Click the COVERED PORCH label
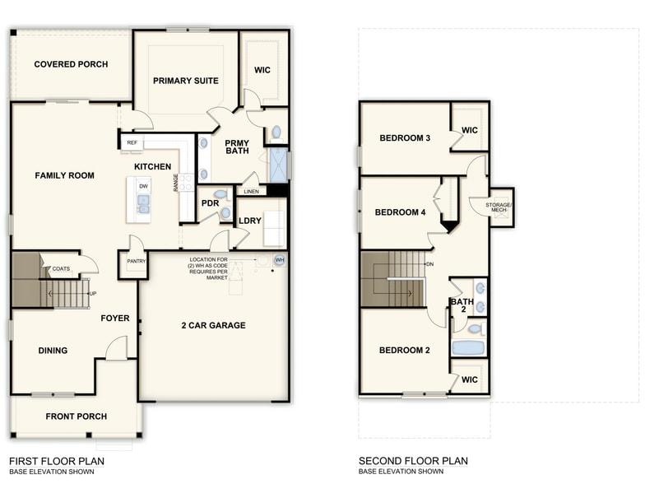click(x=71, y=64)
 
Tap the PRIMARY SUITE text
click(x=186, y=81)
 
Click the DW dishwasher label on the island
click(x=143, y=187)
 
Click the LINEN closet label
click(x=251, y=192)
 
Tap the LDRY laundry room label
click(x=249, y=221)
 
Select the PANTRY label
click(x=135, y=261)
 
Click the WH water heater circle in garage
click(x=280, y=260)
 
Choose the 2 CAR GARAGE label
click(x=214, y=326)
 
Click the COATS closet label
click(x=61, y=269)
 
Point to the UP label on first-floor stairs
click(x=92, y=293)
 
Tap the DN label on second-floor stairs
click(x=429, y=264)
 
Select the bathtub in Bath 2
click(x=469, y=347)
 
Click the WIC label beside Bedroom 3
click(x=470, y=130)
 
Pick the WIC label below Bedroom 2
click(x=470, y=379)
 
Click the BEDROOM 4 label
click(x=401, y=212)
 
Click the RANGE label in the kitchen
click(x=176, y=183)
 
